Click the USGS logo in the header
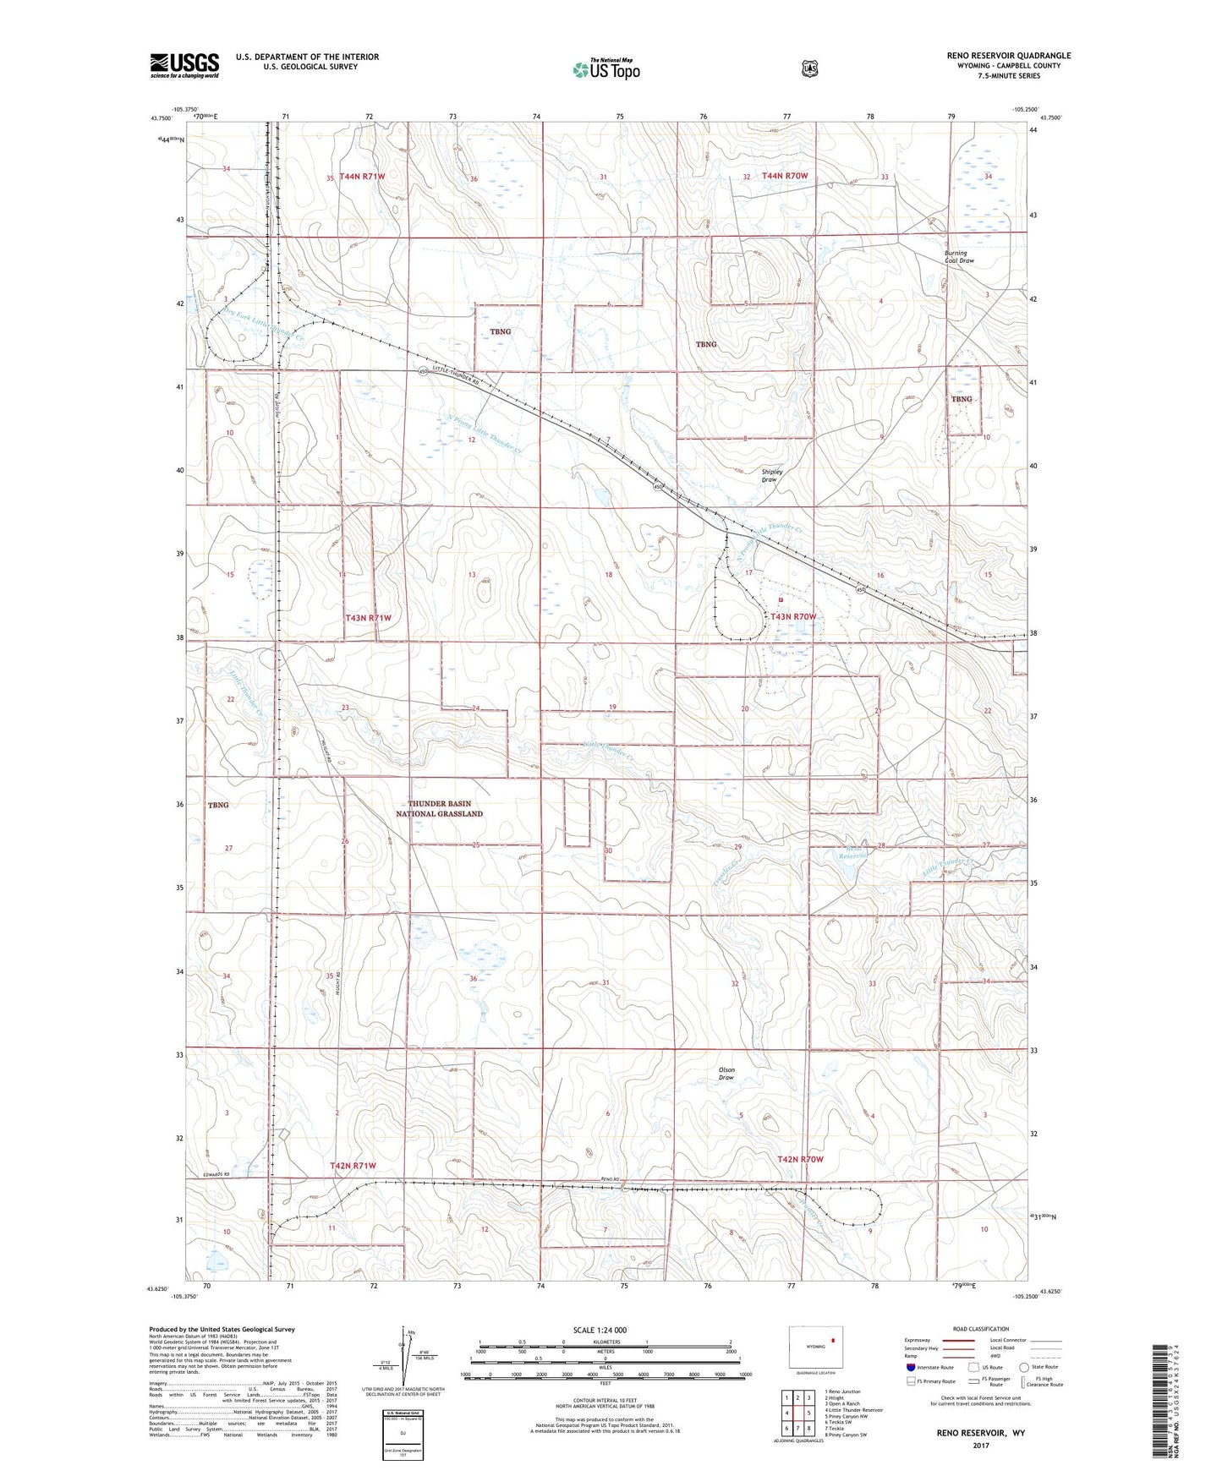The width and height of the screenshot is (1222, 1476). (184, 65)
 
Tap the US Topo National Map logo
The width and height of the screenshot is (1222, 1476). (606, 68)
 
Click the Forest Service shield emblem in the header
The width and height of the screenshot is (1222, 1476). (810, 68)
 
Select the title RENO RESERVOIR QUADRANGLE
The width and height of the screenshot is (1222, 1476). (1008, 56)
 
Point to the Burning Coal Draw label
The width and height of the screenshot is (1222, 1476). (959, 257)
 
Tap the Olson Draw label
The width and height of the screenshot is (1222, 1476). (726, 1074)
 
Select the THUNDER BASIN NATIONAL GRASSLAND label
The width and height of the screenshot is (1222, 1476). (439, 808)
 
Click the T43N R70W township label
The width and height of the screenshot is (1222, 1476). (793, 617)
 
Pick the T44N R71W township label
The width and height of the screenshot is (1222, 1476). (362, 177)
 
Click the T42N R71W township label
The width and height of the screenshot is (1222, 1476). (352, 1166)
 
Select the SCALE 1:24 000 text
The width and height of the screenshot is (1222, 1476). (600, 1330)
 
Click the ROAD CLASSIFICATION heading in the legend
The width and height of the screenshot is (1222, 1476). (978, 1329)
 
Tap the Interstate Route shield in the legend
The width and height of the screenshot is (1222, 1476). (910, 1367)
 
